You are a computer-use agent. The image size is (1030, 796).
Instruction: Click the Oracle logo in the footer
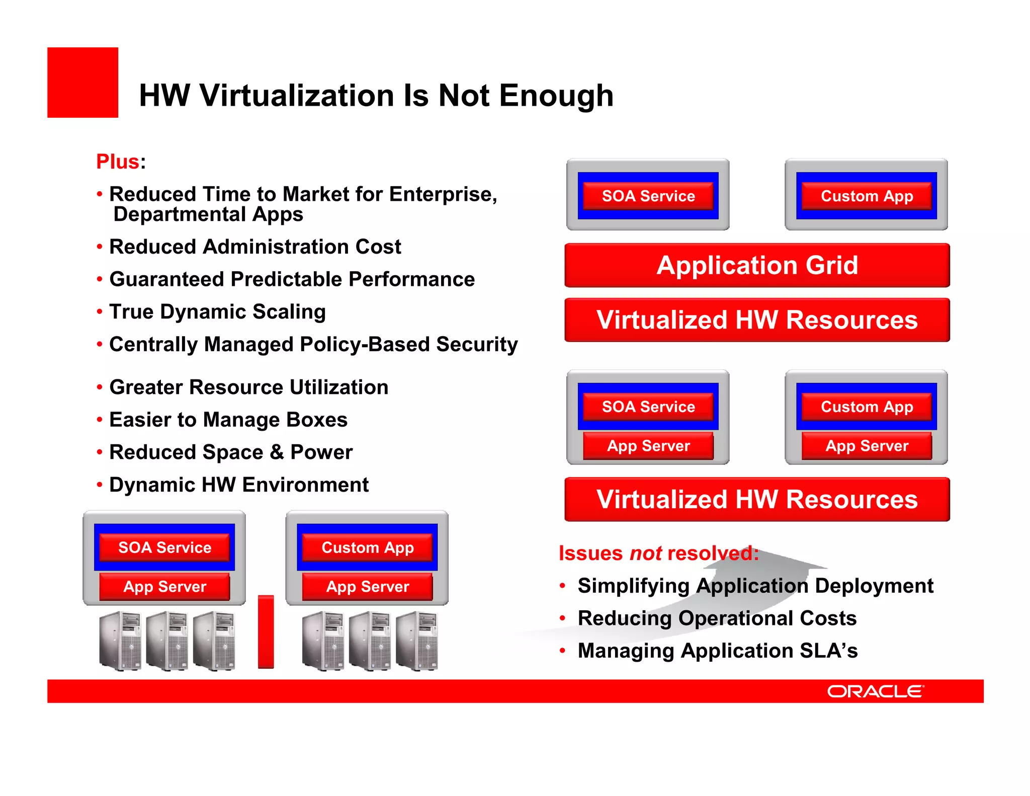(x=875, y=691)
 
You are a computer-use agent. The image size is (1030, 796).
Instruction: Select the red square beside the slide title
(x=82, y=83)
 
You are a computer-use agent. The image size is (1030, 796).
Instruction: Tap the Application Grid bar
(x=757, y=265)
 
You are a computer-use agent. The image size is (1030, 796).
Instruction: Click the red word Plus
(x=118, y=162)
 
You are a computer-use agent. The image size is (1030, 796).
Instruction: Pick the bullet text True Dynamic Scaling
(x=217, y=311)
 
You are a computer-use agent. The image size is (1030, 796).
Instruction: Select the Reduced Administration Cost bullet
(x=255, y=247)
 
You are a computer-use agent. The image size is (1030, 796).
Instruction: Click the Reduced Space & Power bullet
(x=231, y=452)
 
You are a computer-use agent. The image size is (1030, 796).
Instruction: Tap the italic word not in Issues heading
(x=646, y=553)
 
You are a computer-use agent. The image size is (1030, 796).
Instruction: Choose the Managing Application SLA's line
(x=717, y=650)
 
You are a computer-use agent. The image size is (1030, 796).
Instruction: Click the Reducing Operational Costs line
(x=717, y=618)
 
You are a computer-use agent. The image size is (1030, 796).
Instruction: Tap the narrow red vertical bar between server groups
(x=266, y=631)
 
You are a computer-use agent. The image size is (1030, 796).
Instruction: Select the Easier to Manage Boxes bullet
(x=228, y=420)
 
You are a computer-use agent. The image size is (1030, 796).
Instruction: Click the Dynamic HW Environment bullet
(x=239, y=485)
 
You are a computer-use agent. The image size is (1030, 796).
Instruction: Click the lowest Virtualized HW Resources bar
(x=757, y=499)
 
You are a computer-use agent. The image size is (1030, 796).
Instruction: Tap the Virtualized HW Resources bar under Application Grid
(x=757, y=320)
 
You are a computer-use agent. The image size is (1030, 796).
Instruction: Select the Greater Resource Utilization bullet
(x=248, y=387)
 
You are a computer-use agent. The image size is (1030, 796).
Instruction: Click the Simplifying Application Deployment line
(x=755, y=585)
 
